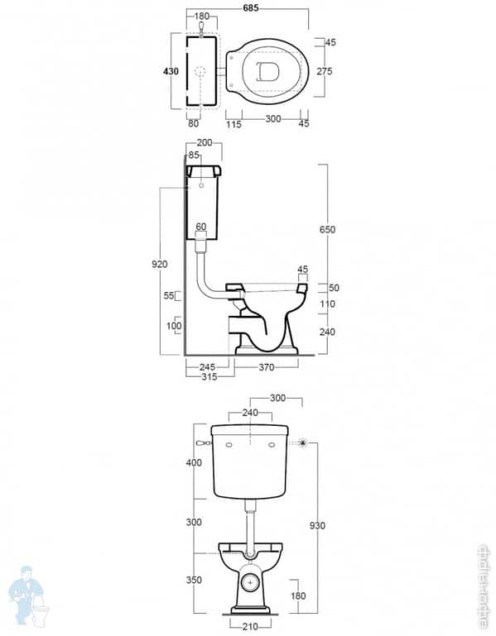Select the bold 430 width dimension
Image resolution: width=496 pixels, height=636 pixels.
(x=171, y=72)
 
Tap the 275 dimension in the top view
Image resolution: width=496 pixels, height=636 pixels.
(x=324, y=72)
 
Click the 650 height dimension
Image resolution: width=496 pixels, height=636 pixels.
(x=328, y=229)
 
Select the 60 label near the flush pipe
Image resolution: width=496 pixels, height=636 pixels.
(x=200, y=226)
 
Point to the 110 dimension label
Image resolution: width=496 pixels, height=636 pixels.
(x=328, y=304)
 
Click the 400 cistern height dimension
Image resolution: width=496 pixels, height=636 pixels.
(x=193, y=463)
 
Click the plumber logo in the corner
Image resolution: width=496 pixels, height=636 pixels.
(x=27, y=596)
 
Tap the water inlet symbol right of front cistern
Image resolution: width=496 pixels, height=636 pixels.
(x=304, y=443)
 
